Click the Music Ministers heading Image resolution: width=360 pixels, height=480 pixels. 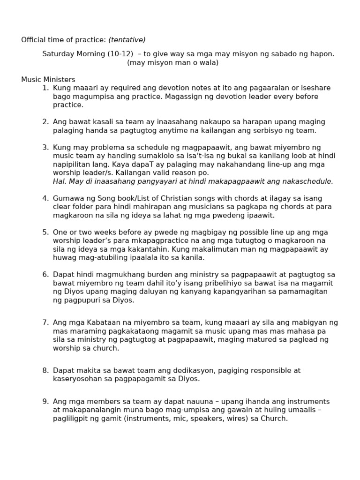tap(48, 80)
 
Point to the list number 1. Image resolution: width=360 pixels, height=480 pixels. tap(45, 88)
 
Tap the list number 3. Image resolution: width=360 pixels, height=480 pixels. tap(45, 148)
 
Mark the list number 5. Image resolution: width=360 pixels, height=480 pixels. tap(45, 232)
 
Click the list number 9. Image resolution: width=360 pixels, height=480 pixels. tap(45, 402)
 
